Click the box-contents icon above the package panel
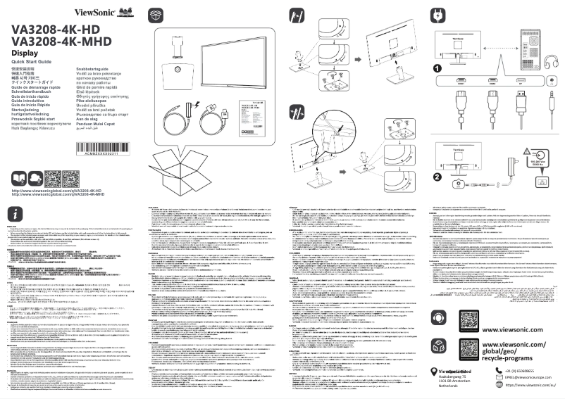(158, 15)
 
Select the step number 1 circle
(437, 69)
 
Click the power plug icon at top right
(438, 15)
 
